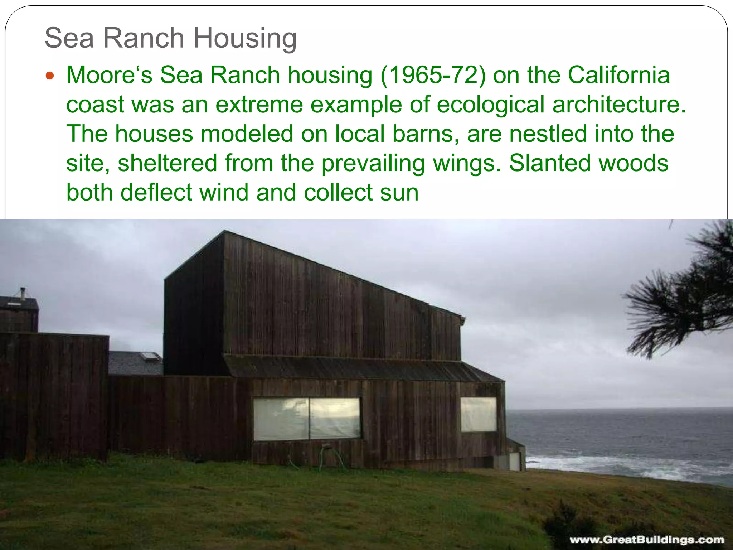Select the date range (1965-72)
tap(433, 76)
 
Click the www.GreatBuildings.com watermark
tap(646, 539)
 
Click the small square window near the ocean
tap(478, 414)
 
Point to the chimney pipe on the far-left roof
tap(23, 293)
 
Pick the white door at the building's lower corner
tap(514, 461)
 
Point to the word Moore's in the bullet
tap(109, 76)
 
